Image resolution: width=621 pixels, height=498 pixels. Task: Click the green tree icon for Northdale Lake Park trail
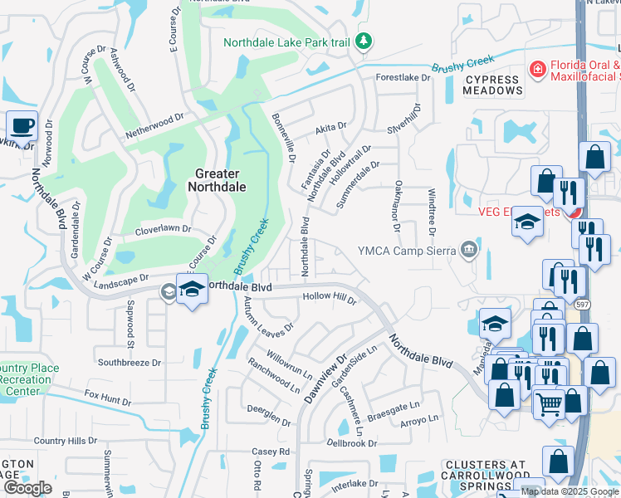coord(363,41)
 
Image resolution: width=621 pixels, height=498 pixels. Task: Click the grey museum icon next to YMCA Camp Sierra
coord(469,250)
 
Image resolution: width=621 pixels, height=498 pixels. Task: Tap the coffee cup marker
coord(22,126)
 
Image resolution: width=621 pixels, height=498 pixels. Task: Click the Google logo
coord(27,488)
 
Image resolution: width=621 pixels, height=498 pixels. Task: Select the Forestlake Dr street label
coord(403,77)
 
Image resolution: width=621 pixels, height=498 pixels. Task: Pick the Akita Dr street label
coord(330,128)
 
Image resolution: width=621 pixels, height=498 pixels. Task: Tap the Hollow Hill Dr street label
coord(329,296)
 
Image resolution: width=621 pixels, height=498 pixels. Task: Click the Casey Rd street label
coord(271,452)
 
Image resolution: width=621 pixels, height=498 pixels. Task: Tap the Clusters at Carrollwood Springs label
coord(486,472)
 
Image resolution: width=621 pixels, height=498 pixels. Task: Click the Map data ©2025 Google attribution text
coord(570,491)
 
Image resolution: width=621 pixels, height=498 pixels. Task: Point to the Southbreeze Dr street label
coord(129,363)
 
